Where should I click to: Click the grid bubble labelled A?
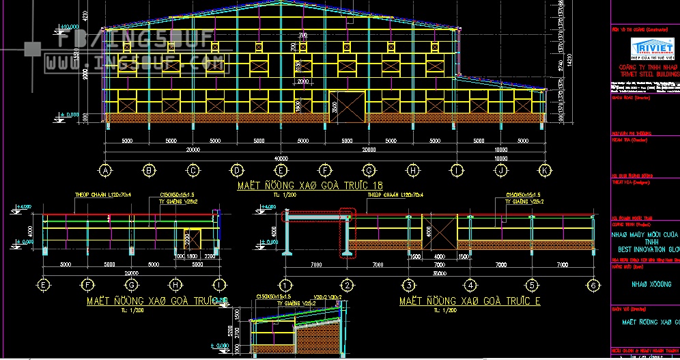click(105, 170)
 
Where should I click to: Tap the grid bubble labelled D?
click(237, 170)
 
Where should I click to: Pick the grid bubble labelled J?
click(501, 170)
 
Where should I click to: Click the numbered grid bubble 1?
click(285, 286)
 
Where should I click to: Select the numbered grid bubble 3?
click(408, 286)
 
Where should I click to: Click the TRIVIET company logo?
click(653, 47)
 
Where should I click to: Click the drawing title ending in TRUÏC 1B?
click(310, 185)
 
